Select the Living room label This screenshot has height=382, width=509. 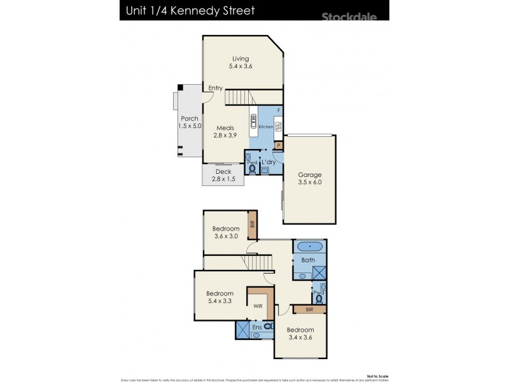(241, 59)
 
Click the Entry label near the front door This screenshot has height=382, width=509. (215, 88)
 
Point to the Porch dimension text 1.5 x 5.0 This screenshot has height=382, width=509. (190, 126)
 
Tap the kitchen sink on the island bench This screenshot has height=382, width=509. (254, 120)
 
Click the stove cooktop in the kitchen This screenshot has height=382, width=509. (279, 126)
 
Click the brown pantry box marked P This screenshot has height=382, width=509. (279, 146)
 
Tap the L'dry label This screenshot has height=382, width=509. (268, 162)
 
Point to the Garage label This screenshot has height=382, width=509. (310, 175)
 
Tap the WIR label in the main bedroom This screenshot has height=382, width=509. (258, 306)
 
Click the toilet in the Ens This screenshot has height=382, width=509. (268, 326)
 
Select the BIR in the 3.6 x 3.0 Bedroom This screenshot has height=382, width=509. (252, 224)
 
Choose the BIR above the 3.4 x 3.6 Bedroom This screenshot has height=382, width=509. (309, 309)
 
